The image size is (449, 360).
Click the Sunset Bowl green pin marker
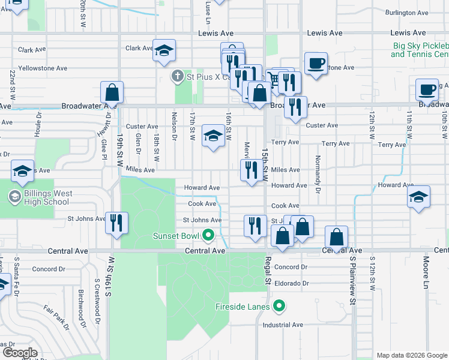[x=208, y=235]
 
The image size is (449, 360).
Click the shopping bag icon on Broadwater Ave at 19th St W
[x=112, y=92]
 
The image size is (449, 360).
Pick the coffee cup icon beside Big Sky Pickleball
[x=316, y=63]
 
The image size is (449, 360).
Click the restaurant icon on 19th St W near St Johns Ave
[x=116, y=223]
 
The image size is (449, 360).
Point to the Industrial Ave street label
[x=283, y=325]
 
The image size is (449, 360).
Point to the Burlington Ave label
[x=408, y=13]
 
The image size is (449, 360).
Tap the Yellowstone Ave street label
[x=43, y=68]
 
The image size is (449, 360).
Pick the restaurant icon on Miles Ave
[x=249, y=170]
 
